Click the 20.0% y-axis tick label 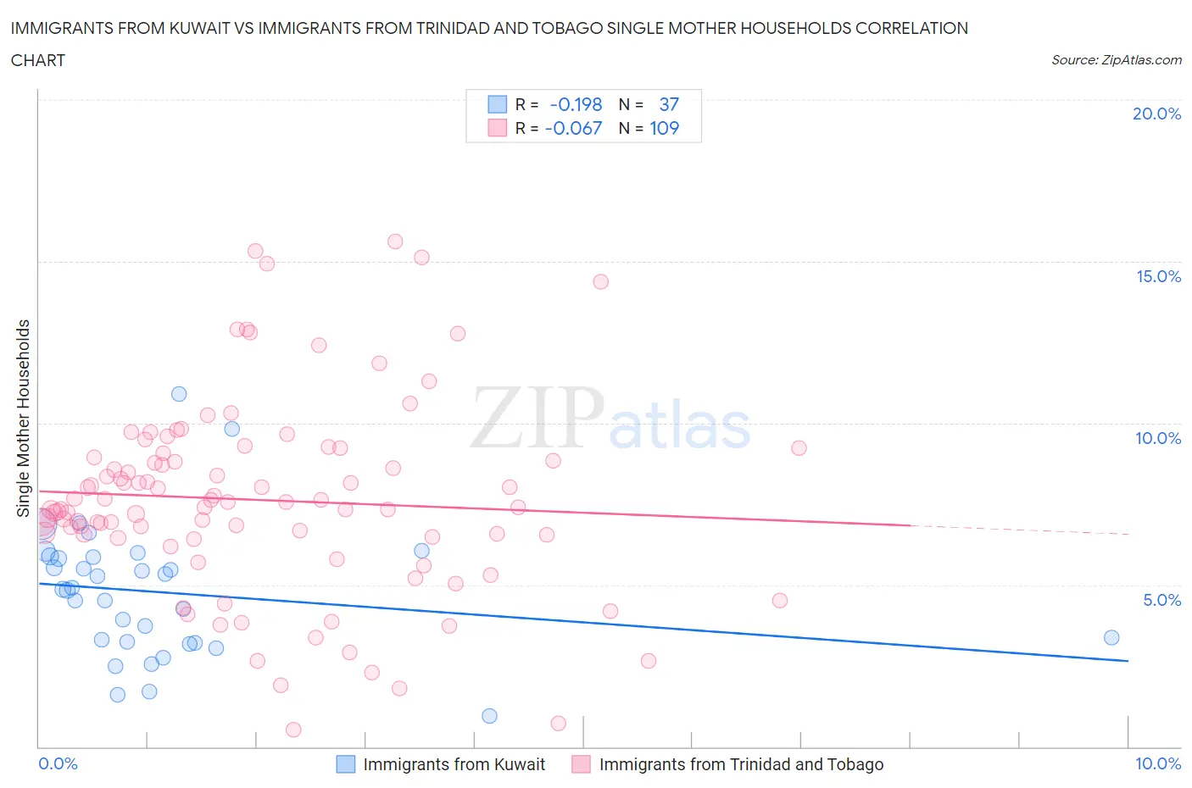(x=1156, y=114)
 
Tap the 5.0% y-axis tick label (x=1161, y=600)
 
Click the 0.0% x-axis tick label (x=58, y=763)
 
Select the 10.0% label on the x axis (x=1158, y=763)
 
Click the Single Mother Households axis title (x=24, y=418)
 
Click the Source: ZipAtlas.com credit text (x=1116, y=60)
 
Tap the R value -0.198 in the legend (x=576, y=104)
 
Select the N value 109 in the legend (x=664, y=128)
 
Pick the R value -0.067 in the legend (x=574, y=128)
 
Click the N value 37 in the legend (x=669, y=104)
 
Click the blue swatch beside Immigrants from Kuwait (x=346, y=764)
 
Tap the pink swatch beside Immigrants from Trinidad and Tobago (x=581, y=764)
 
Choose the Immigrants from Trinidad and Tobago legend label (x=741, y=764)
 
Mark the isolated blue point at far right (x=1111, y=637)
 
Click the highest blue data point (x=179, y=393)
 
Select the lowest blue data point (x=489, y=716)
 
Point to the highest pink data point (x=395, y=241)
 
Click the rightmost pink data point (x=799, y=448)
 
